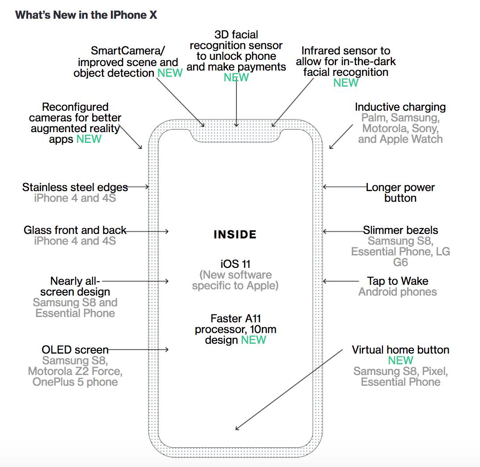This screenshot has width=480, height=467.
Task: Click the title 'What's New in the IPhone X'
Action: (x=86, y=15)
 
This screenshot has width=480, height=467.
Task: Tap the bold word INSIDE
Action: (x=235, y=234)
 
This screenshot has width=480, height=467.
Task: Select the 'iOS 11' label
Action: (x=235, y=263)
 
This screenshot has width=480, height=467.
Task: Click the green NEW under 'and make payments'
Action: (x=236, y=77)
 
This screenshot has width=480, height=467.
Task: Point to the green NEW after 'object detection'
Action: (x=170, y=73)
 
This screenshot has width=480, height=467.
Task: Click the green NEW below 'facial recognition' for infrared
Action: (x=346, y=83)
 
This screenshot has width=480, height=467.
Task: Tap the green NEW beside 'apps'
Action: (x=89, y=139)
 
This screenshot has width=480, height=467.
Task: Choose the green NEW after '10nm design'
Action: (x=253, y=340)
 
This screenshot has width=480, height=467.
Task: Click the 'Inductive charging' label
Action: (x=400, y=107)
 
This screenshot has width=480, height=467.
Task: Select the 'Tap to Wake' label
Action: (x=398, y=281)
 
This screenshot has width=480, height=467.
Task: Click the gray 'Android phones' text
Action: (x=398, y=292)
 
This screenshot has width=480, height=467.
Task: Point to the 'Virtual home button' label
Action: (x=400, y=350)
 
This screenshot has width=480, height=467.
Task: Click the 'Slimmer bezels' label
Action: (x=400, y=230)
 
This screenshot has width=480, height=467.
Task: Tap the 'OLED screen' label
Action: (x=75, y=350)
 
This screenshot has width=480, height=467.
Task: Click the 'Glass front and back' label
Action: (x=75, y=230)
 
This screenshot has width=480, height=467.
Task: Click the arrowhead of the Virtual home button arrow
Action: (x=237, y=429)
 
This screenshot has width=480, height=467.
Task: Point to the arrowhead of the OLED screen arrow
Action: (x=167, y=350)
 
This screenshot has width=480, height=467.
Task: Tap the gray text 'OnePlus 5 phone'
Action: (x=75, y=382)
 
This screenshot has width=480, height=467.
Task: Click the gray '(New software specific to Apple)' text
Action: (x=235, y=280)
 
